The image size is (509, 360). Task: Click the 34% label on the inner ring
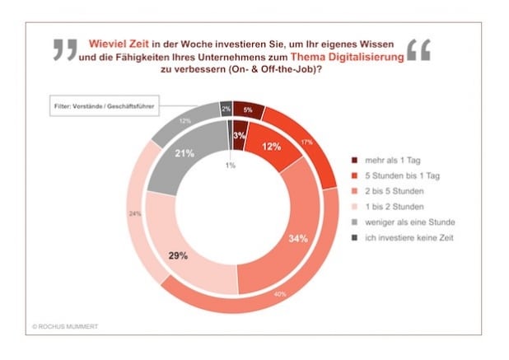(x=299, y=239)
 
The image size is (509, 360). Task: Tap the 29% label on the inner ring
(x=178, y=255)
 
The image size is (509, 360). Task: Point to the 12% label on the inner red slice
(x=269, y=147)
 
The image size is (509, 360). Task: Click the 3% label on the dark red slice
(x=240, y=135)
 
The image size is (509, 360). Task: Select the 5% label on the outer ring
(x=248, y=110)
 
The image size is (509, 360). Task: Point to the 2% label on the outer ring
(x=225, y=109)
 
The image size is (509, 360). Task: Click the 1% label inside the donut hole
(x=231, y=166)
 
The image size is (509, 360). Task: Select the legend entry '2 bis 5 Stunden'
(x=393, y=191)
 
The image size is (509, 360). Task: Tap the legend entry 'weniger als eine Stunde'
(x=403, y=222)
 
